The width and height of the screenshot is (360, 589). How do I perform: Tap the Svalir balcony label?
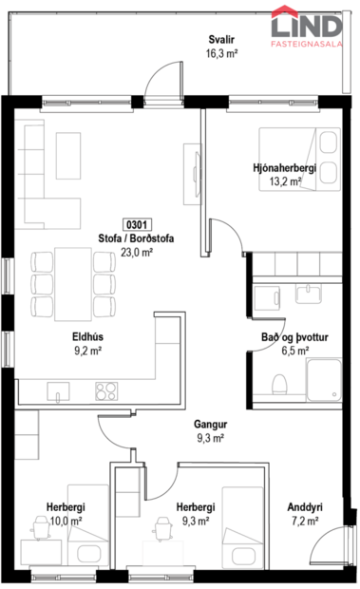pos(222,40)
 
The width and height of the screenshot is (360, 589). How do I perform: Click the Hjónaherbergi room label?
pos(277,167)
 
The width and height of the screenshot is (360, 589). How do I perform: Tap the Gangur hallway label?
pos(210,425)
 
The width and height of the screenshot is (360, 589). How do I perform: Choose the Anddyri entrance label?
pos(307,506)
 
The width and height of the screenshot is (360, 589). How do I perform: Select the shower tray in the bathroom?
pos(322,382)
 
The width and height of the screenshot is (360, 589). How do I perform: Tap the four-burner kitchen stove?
pos(104,390)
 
